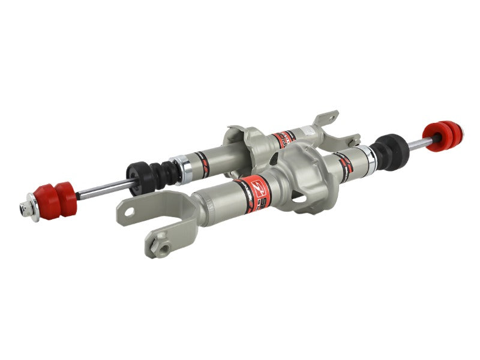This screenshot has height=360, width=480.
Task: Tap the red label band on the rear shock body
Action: click(x=283, y=140)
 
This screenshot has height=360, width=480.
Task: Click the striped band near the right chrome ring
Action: click(x=345, y=162)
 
